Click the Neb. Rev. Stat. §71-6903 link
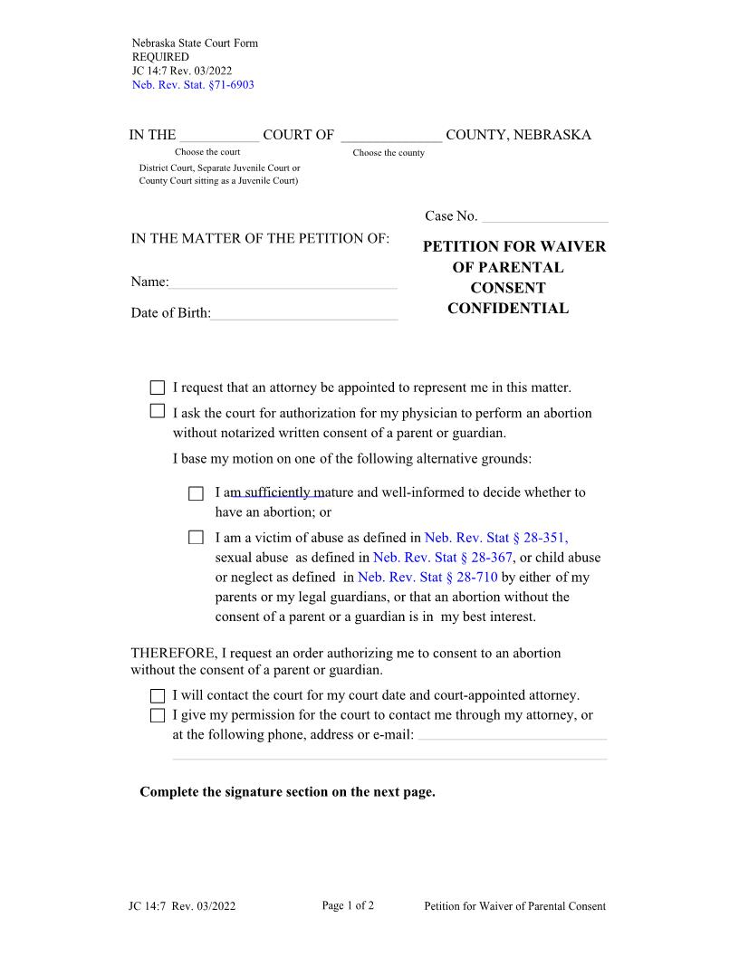[x=193, y=84]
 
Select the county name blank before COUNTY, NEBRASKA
[x=391, y=136]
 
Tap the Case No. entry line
[x=545, y=217]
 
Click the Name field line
[x=283, y=283]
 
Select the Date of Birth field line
[x=304, y=314]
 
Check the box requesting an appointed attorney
[x=158, y=388]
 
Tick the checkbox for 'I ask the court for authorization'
[x=158, y=412]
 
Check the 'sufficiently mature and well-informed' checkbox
[x=197, y=493]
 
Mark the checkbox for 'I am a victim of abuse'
[x=197, y=538]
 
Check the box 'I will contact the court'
[x=158, y=696]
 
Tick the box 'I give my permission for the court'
[x=158, y=716]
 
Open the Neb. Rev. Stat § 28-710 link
[x=427, y=578]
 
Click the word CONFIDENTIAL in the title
[x=508, y=309]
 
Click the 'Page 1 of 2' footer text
[x=348, y=905]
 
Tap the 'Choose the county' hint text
[x=389, y=153]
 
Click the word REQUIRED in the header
[x=160, y=56]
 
